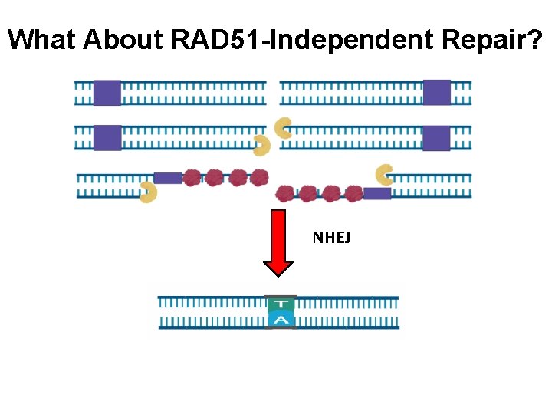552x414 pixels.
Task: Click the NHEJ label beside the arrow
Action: [x=331, y=238]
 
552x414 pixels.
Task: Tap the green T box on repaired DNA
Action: [x=281, y=304]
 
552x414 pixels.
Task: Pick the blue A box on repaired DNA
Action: [x=281, y=320]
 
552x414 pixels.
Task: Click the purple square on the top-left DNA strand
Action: [x=107, y=92]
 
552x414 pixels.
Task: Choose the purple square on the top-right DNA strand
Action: [x=437, y=92]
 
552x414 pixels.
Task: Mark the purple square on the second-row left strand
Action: [x=107, y=138]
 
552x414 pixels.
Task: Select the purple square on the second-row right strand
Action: [x=436, y=138]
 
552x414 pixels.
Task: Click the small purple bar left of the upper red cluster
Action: [x=168, y=178]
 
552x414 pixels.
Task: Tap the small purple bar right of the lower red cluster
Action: [x=377, y=193]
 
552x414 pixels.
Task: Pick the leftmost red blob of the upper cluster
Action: [x=192, y=178]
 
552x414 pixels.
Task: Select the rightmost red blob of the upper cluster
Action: [x=260, y=178]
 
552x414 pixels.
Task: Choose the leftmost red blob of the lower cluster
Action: [x=285, y=193]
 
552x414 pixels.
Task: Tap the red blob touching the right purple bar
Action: [x=353, y=193]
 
